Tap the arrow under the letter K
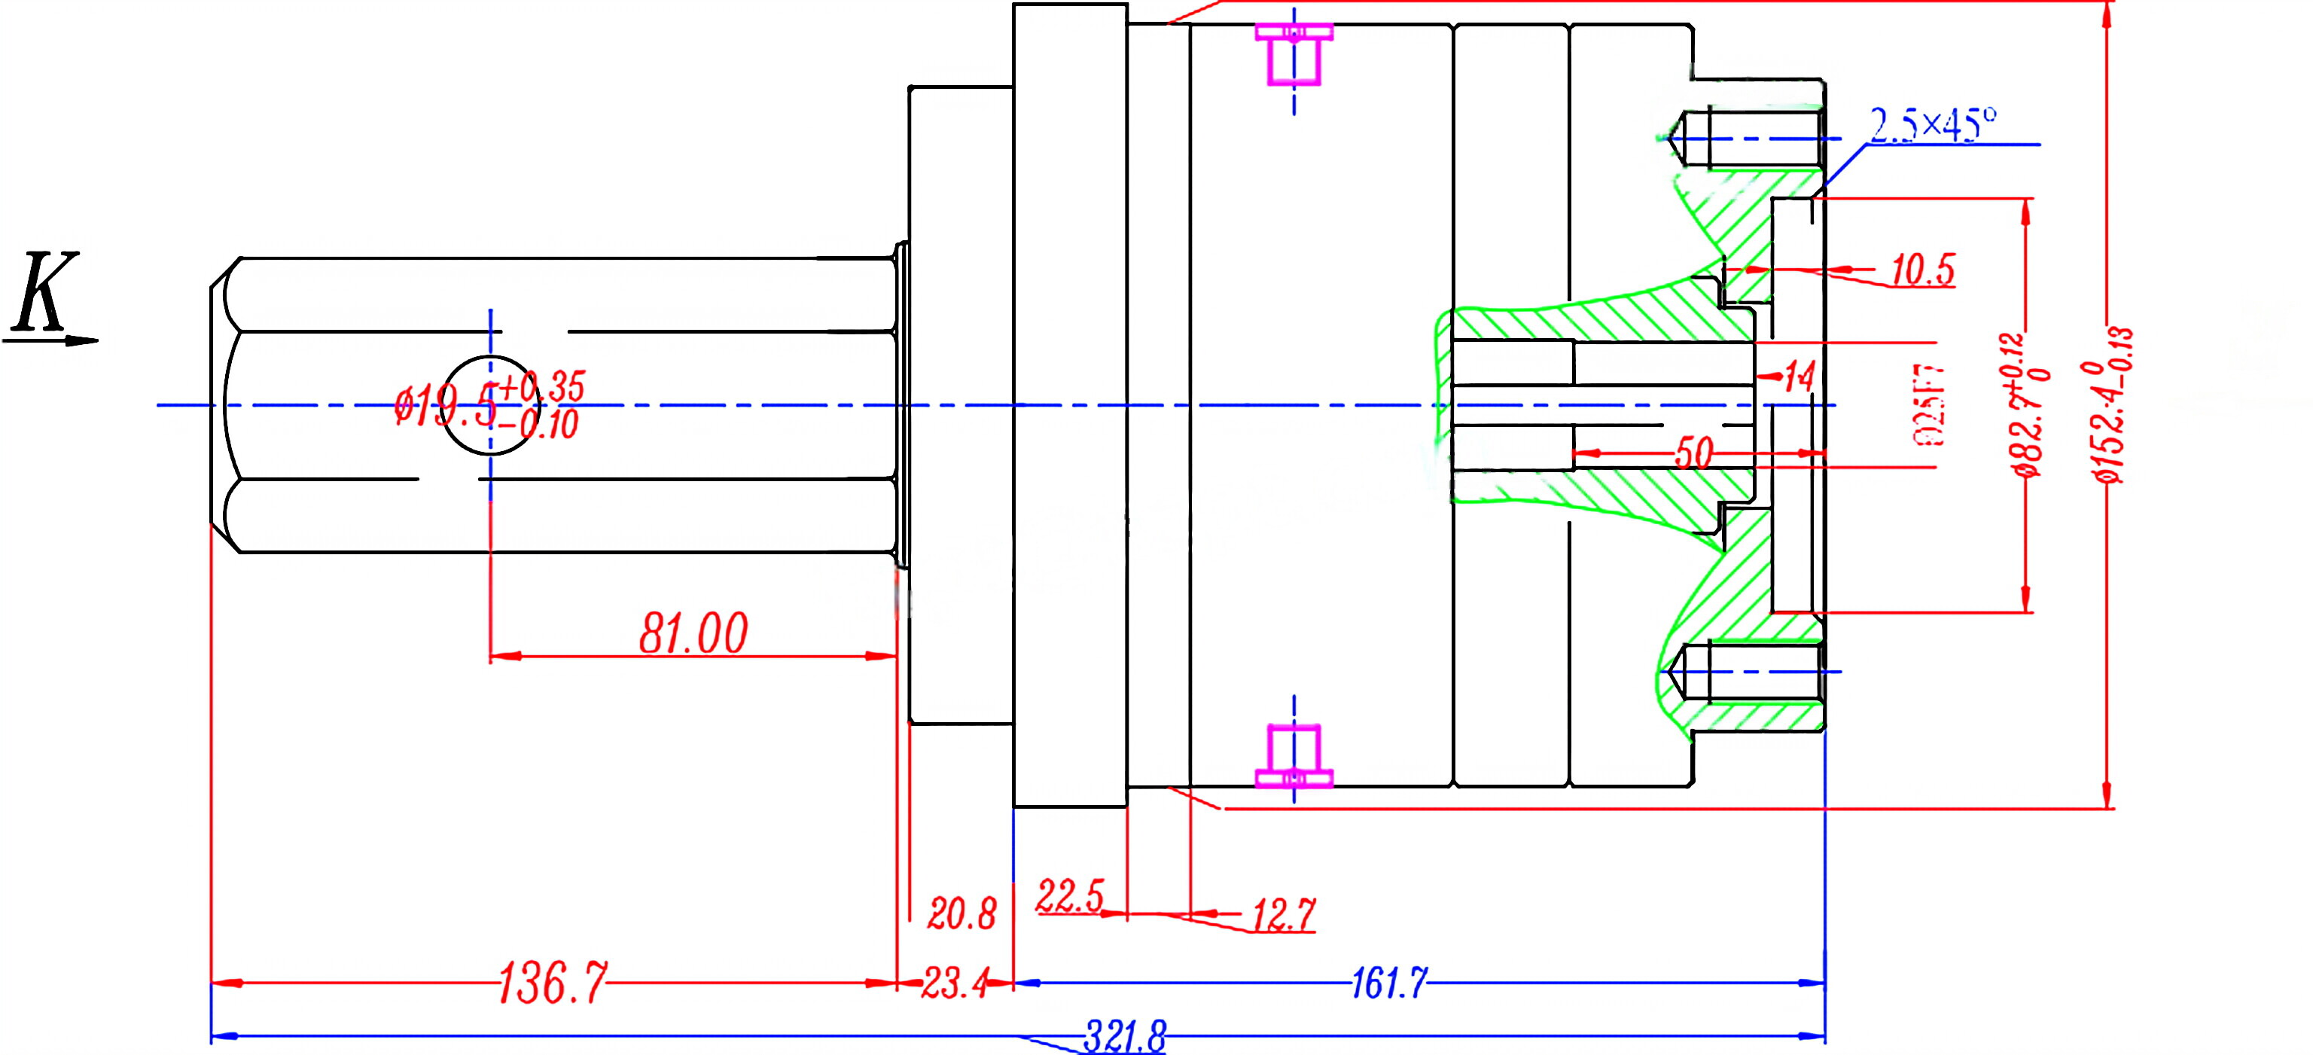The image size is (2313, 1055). [54, 341]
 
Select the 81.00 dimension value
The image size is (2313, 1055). [693, 634]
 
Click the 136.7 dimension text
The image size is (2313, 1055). [551, 983]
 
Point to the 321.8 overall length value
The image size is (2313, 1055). [1124, 1037]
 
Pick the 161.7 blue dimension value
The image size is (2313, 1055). [1389, 983]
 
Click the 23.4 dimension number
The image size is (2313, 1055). [955, 984]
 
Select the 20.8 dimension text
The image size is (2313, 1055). [961, 915]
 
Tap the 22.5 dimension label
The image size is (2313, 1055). [1069, 896]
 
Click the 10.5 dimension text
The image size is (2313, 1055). [1922, 270]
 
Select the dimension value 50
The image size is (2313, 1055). [1693, 453]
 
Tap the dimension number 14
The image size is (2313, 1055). [1799, 377]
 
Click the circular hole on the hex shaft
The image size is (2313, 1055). [490, 405]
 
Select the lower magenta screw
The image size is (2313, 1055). [1294, 756]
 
